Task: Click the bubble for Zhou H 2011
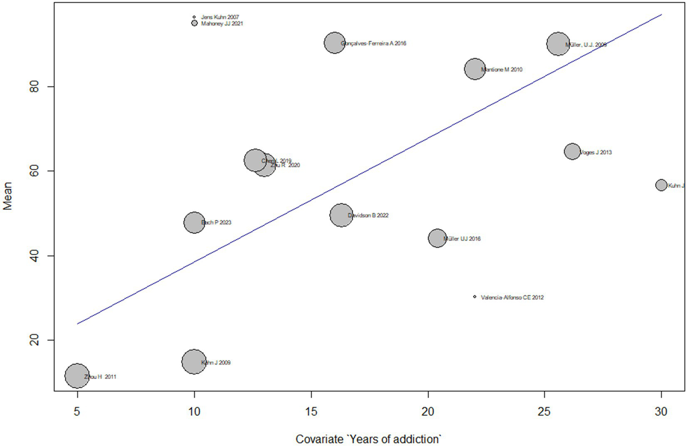coord(77,376)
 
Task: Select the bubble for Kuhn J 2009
coord(194,362)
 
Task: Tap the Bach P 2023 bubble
coord(194,223)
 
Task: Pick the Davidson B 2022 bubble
coord(341,215)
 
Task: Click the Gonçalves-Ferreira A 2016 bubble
coord(334,43)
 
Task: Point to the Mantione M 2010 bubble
coord(475,69)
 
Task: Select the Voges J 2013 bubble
coord(572,152)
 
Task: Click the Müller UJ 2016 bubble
coord(437,238)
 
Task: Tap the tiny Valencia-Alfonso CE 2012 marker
coord(475,297)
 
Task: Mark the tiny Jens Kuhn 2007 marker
coord(194,17)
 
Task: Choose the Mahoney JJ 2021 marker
coord(194,23)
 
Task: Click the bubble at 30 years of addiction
coord(661,185)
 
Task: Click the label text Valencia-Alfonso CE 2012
coord(512,297)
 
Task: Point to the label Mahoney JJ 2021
coord(222,24)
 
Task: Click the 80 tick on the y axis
coord(34,86)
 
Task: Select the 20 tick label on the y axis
coord(34,340)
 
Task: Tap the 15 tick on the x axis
coord(311,412)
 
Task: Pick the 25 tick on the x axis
coord(544,412)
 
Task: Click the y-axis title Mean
coord(8,196)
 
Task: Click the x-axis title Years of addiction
coord(368,439)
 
